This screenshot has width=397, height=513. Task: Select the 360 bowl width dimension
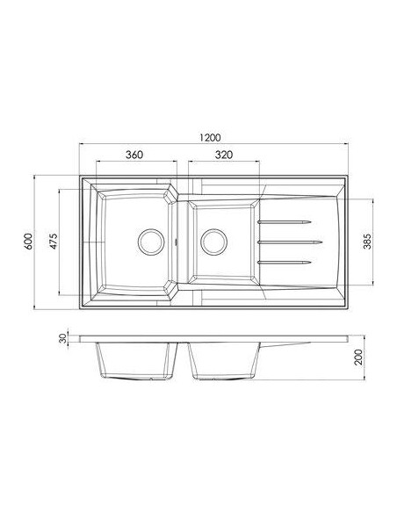pos(134,155)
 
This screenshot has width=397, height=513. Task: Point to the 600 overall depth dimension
pos(28,242)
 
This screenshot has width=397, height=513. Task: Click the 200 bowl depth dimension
pos(359,357)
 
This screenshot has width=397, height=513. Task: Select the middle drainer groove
pos(285,242)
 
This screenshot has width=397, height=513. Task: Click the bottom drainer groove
pos(285,262)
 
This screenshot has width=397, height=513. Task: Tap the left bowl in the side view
pos(131,360)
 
